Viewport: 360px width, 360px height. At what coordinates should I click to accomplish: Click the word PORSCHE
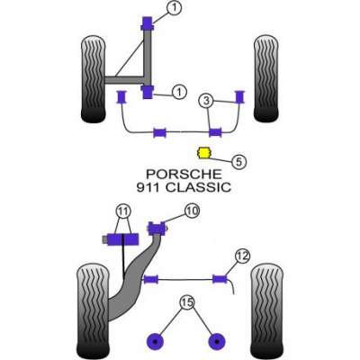coord(184,174)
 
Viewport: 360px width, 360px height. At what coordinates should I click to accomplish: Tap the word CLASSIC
coord(199,187)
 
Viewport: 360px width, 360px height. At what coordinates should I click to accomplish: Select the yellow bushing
coord(203,153)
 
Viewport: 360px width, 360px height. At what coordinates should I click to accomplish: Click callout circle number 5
coord(238,162)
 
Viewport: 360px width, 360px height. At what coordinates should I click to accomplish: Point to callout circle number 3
coord(206,101)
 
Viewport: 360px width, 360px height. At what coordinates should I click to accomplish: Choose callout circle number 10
coord(192,211)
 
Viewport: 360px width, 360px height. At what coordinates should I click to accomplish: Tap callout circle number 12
coord(242,256)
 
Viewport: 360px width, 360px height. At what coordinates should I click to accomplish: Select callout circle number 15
coord(187,302)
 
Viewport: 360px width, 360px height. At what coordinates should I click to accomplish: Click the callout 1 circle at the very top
coord(174,8)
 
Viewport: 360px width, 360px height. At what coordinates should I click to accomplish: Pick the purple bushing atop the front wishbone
coord(148,23)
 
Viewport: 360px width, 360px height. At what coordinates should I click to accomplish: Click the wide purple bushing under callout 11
coord(122,239)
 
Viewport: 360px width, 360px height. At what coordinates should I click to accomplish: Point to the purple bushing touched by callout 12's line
coord(220,279)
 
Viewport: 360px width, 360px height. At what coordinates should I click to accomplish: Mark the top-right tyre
coord(266,79)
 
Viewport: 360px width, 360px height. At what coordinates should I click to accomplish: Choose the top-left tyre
coord(94,79)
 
